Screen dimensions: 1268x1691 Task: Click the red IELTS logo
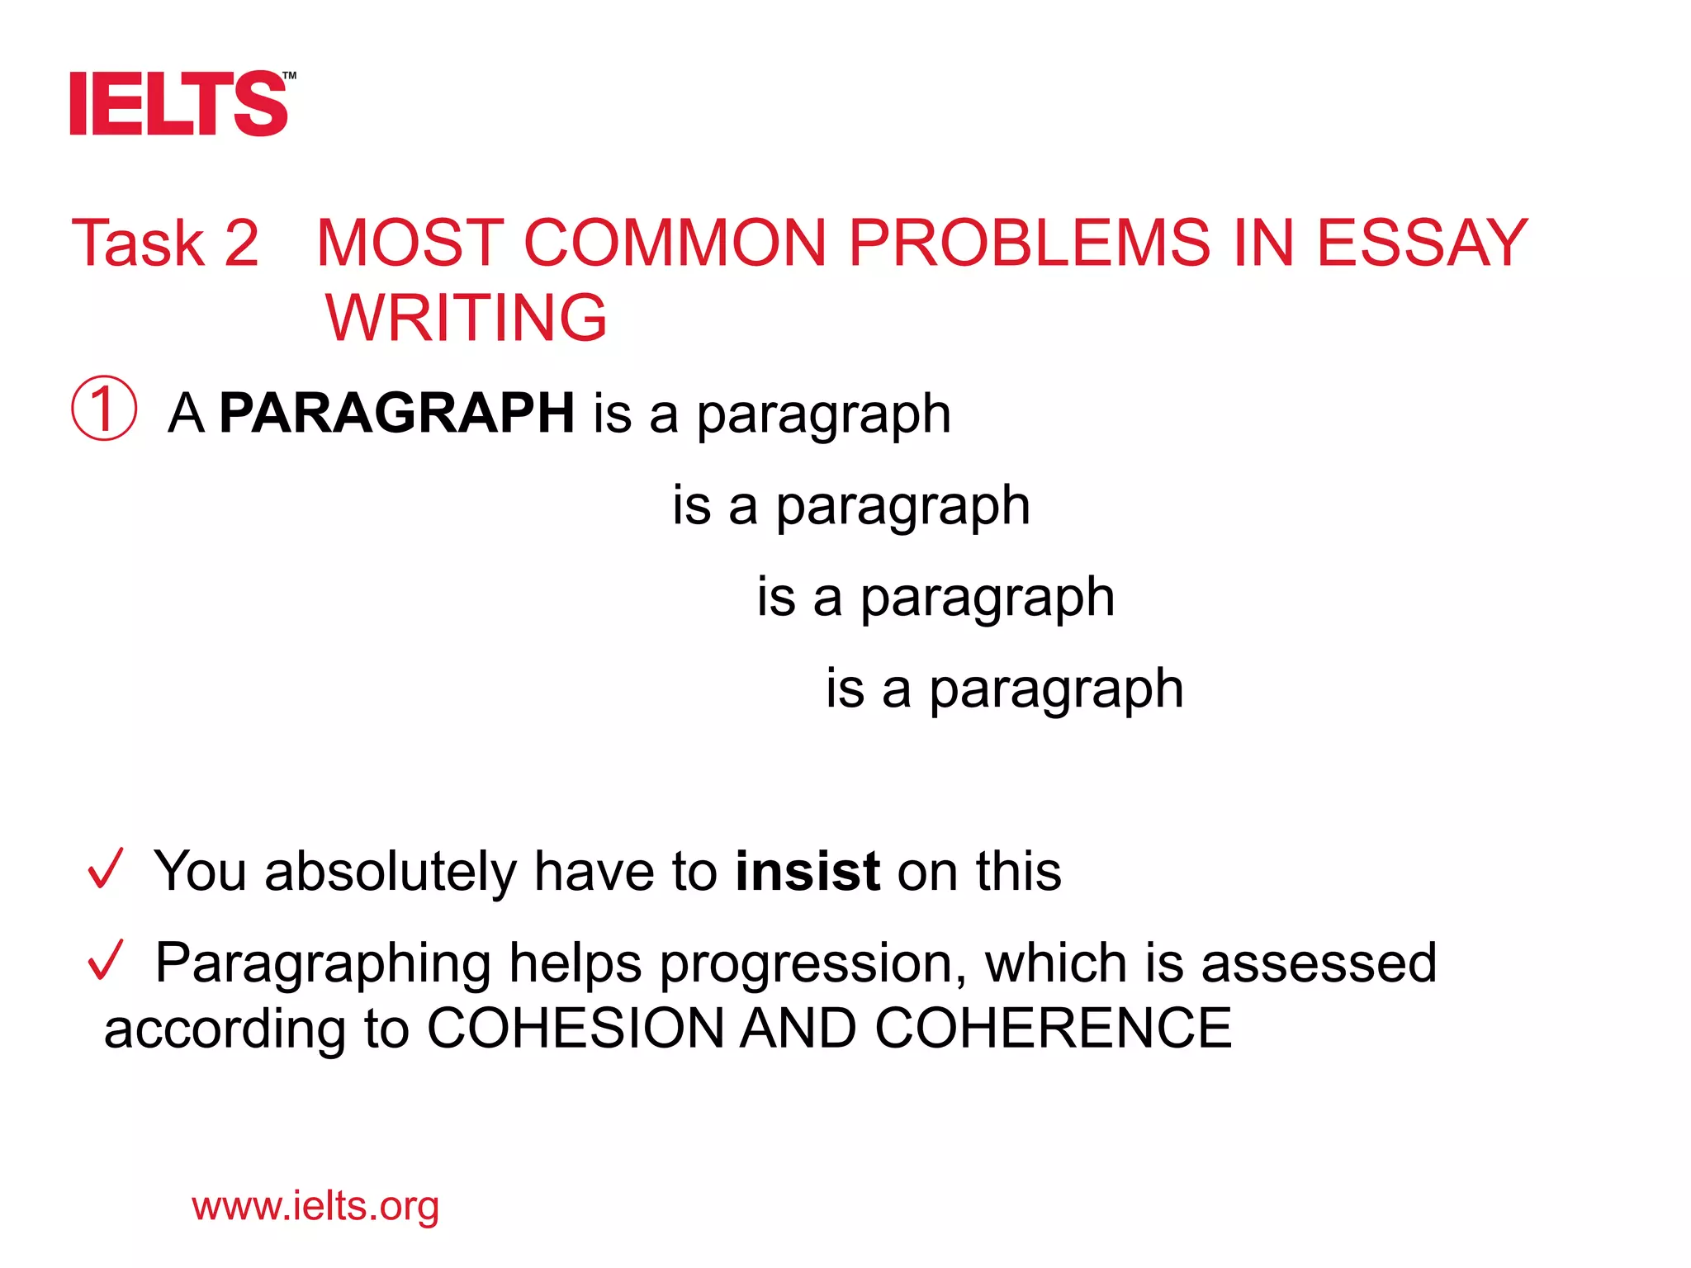pos(178,104)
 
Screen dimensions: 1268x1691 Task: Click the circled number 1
pos(104,409)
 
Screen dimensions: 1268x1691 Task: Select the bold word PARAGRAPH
pos(397,413)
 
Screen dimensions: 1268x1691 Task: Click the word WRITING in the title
pos(467,318)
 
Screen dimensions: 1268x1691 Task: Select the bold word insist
pos(808,872)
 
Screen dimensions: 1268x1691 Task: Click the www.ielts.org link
pos(315,1206)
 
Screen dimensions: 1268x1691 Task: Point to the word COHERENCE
pos(1053,1029)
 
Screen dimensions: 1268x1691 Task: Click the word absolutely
pos(390,872)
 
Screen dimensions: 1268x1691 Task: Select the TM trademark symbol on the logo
pos(289,76)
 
